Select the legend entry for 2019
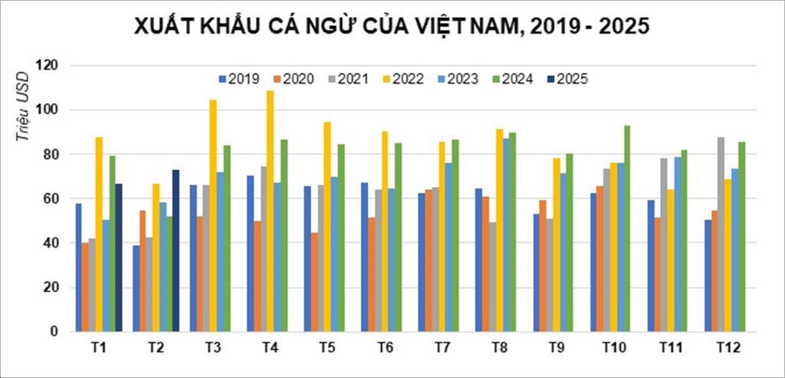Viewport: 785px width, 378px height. (x=239, y=78)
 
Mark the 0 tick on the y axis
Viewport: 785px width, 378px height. (x=55, y=332)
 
